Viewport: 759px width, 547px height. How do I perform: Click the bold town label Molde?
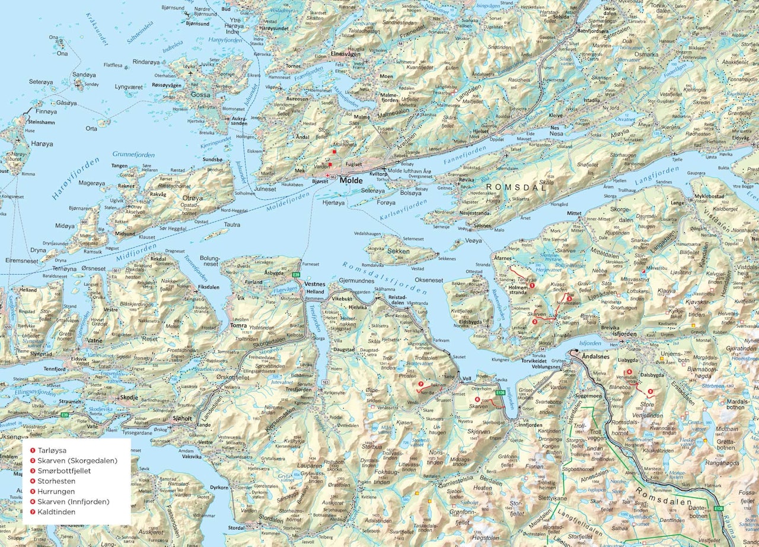[x=352, y=180]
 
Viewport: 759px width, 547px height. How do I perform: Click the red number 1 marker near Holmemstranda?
[x=532, y=285]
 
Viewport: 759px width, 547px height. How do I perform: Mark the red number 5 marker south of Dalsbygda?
[x=650, y=391]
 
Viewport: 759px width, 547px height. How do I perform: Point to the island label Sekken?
[x=397, y=251]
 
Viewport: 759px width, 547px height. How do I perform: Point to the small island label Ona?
[x=63, y=53]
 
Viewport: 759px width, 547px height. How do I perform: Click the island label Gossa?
[x=200, y=94]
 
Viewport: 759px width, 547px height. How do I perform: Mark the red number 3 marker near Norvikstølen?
[x=569, y=298]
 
